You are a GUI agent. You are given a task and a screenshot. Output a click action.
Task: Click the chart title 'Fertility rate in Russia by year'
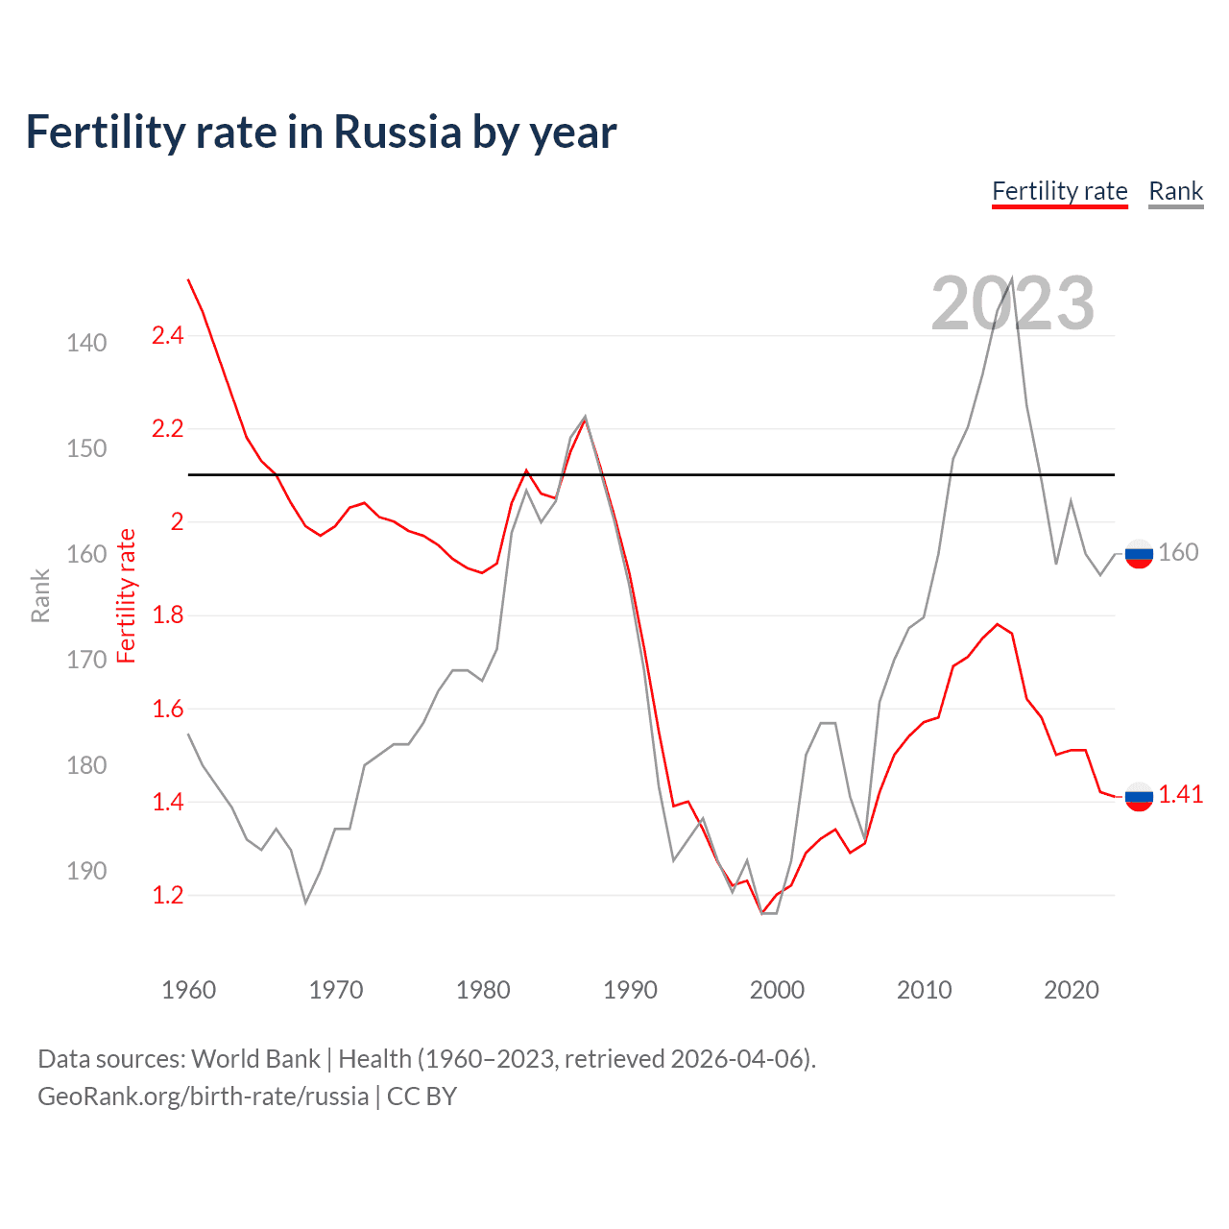point(321,133)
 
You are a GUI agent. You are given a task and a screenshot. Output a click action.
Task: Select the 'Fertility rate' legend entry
point(1059,191)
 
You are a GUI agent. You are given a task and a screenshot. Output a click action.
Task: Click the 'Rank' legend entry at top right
point(1175,191)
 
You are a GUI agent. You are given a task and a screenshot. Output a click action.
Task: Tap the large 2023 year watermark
point(1012,303)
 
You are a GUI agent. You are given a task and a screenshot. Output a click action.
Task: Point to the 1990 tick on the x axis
point(630,990)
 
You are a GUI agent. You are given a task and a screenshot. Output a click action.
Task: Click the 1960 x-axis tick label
point(189,990)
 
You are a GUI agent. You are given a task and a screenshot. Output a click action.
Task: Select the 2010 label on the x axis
point(924,990)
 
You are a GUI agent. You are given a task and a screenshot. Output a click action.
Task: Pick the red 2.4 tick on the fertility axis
point(167,336)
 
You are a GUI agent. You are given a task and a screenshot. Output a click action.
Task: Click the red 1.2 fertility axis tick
point(167,895)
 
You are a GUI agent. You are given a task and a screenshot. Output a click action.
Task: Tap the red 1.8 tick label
point(167,615)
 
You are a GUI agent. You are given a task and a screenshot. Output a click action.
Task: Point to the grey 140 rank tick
point(86,343)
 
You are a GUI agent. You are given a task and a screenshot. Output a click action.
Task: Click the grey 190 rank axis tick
point(86,871)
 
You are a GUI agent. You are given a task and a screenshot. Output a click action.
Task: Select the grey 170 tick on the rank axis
point(86,660)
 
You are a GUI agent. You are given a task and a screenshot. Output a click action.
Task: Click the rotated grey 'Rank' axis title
point(40,595)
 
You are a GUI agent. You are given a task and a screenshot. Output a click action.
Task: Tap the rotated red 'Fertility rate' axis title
point(127,595)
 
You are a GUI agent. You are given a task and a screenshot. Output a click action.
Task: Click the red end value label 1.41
point(1180,794)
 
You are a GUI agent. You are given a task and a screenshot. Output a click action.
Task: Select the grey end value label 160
point(1178,552)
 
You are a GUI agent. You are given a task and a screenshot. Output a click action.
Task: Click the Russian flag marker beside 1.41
point(1139,796)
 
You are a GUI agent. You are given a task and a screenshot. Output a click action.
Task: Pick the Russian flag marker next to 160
point(1139,554)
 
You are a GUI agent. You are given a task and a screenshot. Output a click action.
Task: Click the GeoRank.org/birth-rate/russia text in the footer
point(203,1096)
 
